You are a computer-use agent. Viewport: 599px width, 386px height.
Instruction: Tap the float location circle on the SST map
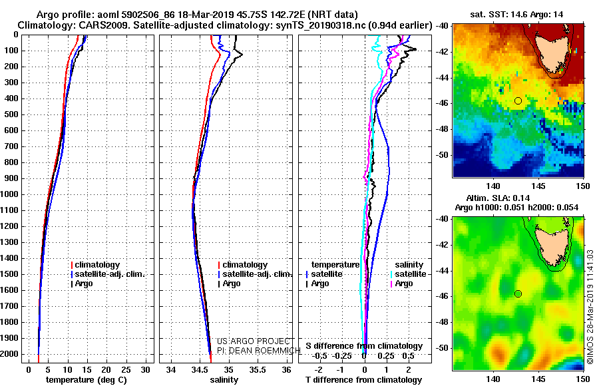coord(518,100)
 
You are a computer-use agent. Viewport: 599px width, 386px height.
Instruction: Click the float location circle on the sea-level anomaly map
coord(518,293)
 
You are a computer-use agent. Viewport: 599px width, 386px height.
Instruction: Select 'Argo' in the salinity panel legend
coord(232,284)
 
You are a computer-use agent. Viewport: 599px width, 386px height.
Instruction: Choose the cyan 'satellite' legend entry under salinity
coord(409,274)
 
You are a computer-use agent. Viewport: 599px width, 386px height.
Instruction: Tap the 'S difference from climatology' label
coord(364,346)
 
